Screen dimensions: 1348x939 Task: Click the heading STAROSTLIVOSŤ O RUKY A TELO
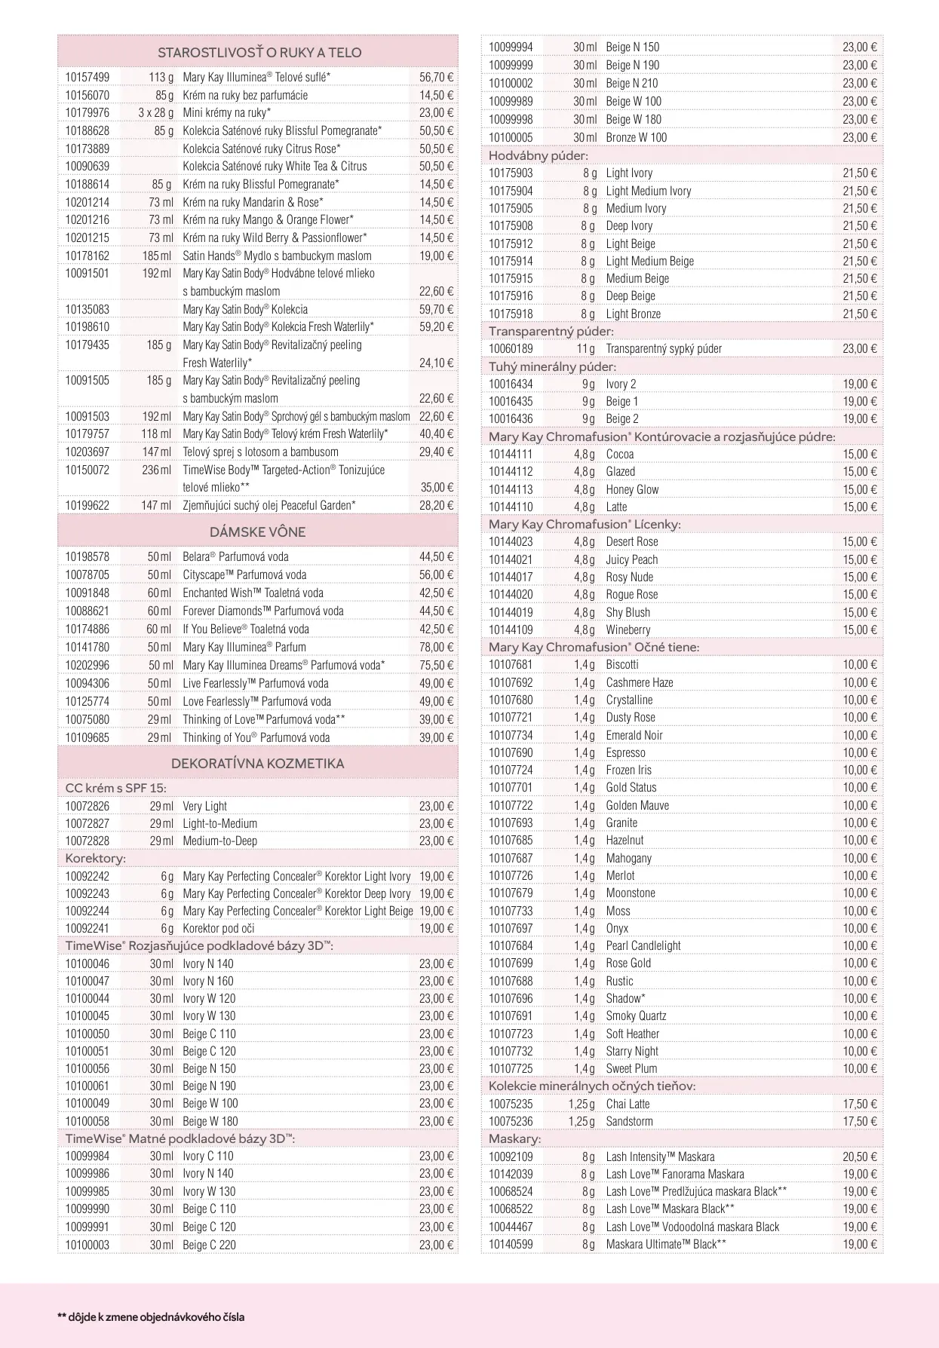click(259, 53)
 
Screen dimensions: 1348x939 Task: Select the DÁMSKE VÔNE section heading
click(258, 532)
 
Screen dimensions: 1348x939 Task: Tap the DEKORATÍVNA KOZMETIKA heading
click(257, 764)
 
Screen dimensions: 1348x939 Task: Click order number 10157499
click(87, 77)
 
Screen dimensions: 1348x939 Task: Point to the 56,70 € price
click(436, 77)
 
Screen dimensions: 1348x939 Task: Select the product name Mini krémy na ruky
click(226, 113)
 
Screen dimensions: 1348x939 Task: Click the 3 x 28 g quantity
click(155, 113)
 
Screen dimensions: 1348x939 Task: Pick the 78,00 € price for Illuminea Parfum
click(436, 647)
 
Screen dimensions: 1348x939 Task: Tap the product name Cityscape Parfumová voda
click(244, 574)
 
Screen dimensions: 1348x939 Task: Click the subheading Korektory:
click(95, 859)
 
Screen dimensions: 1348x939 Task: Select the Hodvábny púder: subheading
click(538, 156)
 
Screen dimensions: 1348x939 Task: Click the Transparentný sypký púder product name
click(664, 349)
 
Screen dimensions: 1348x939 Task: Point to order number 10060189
click(510, 349)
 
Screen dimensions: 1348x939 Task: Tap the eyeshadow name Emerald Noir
click(634, 735)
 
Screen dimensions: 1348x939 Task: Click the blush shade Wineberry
click(628, 630)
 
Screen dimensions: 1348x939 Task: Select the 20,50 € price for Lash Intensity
click(860, 1157)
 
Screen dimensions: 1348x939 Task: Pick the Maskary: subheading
click(514, 1139)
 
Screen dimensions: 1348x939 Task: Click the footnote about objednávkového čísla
click(151, 1317)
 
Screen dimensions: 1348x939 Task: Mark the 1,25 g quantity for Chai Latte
click(581, 1104)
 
